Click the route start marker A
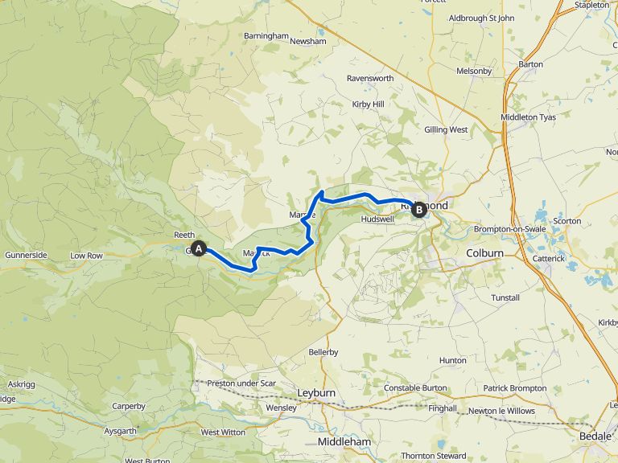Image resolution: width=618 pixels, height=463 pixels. point(199,249)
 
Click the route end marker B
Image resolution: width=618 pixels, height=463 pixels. point(418,210)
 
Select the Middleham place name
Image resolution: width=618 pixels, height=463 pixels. point(344,442)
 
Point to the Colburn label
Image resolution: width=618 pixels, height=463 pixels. point(484,253)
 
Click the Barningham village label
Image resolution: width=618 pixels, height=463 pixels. point(266,36)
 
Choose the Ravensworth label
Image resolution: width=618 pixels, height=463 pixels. point(370,79)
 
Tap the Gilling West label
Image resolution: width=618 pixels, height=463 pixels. point(446,129)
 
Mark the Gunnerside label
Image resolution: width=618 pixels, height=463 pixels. point(26,255)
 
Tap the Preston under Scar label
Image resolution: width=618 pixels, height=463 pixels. point(241,383)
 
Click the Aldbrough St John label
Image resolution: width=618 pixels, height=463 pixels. point(480,18)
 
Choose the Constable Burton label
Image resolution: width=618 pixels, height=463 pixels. point(414,388)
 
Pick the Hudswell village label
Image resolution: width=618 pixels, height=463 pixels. point(377,219)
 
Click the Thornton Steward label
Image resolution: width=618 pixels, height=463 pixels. point(434,457)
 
